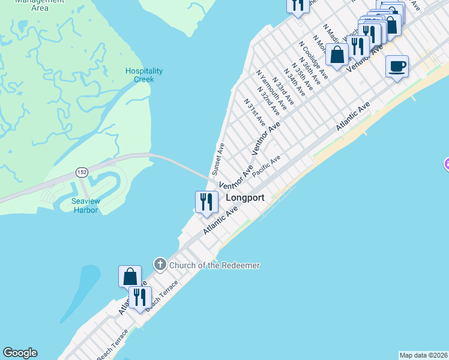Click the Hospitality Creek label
point(140,75)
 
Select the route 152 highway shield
point(81,173)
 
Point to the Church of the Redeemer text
point(214,265)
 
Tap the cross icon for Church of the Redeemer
point(160,264)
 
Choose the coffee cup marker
point(397,66)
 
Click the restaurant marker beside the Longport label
point(206,202)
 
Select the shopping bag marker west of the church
point(130,277)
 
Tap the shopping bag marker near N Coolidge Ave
point(337,55)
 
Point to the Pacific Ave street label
point(267,166)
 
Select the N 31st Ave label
point(255,112)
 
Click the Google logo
point(20,353)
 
